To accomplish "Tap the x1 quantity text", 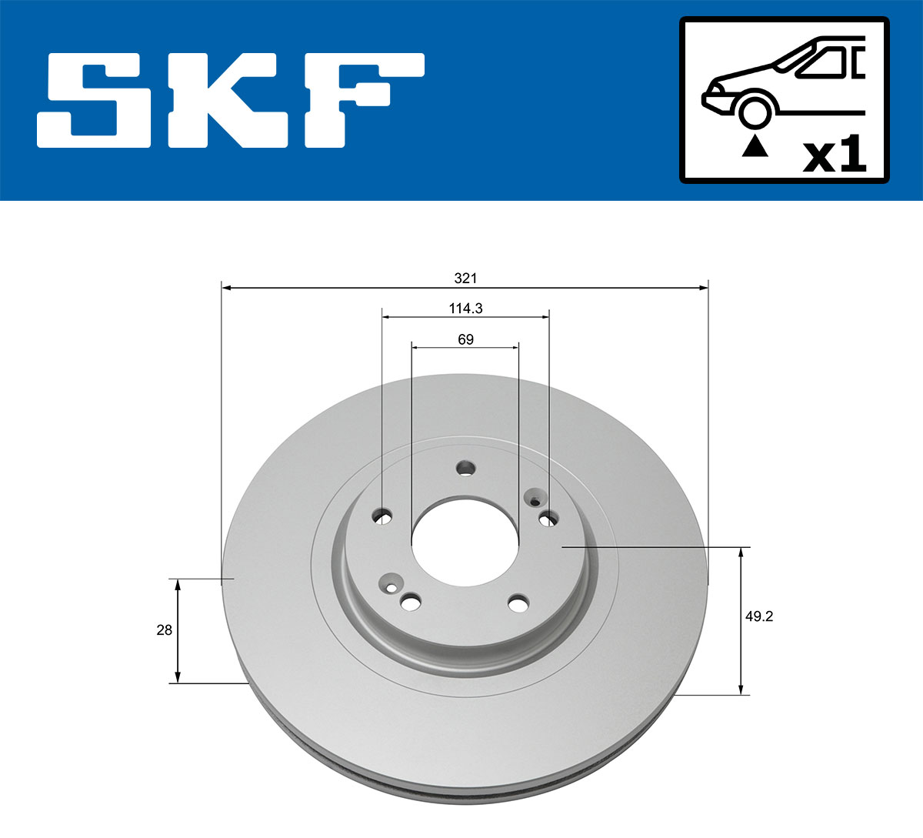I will [x=835, y=156].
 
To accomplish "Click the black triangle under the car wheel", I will [x=755, y=145].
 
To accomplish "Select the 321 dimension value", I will [x=465, y=278].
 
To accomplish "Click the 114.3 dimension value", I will [x=465, y=309].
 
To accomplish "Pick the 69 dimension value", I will [x=465, y=339].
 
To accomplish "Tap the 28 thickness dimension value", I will [x=164, y=630].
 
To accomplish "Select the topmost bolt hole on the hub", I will [x=465, y=468].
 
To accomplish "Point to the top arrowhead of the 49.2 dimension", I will [x=741, y=552].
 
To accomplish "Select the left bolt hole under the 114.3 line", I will [x=382, y=516].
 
